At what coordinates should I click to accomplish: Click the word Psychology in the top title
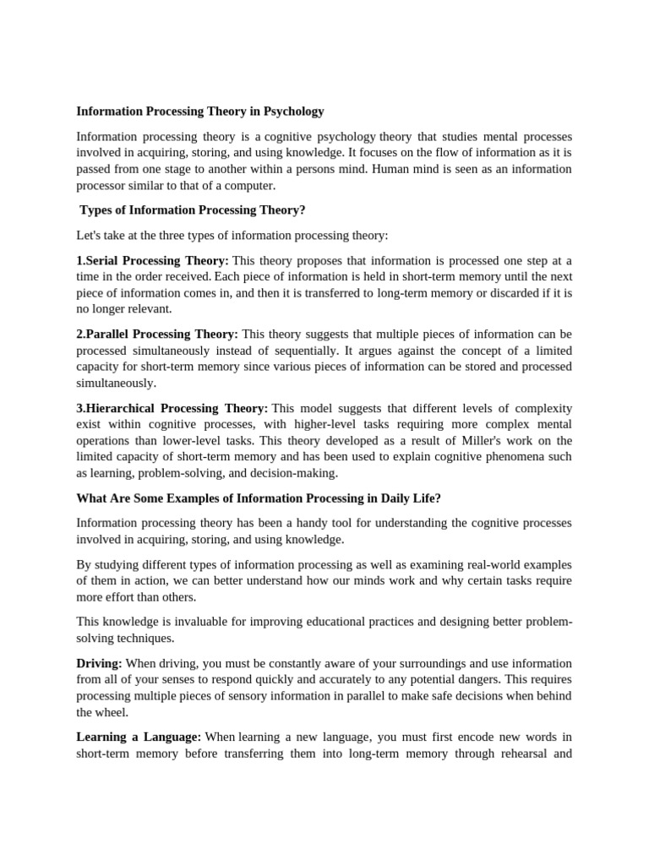click(293, 112)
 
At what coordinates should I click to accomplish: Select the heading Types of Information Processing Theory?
click(192, 210)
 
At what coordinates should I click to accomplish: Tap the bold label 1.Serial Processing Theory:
click(152, 260)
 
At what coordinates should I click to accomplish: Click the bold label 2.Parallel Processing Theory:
click(157, 335)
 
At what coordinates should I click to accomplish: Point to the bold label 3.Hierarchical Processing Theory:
click(172, 408)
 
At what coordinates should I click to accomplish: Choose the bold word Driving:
click(99, 664)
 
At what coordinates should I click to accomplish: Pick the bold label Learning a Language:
click(139, 737)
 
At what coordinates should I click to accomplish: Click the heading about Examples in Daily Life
click(259, 498)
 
